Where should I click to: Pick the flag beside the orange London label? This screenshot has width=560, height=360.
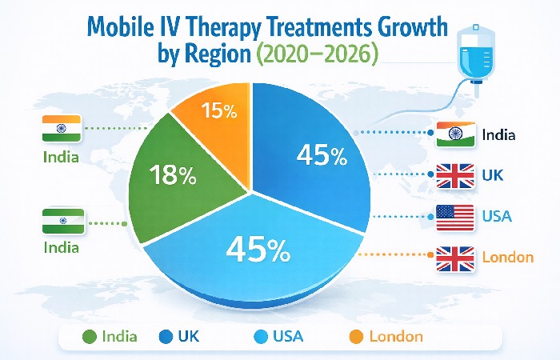click(455, 258)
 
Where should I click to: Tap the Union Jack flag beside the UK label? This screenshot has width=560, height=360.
click(455, 174)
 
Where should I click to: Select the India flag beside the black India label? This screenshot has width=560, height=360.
click(456, 133)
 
